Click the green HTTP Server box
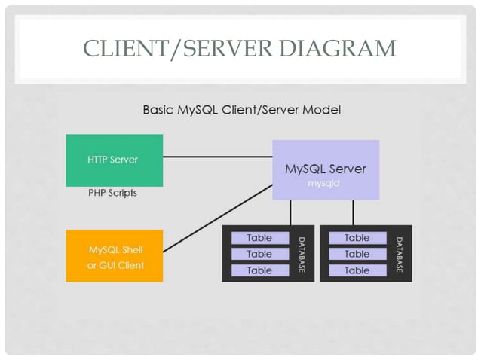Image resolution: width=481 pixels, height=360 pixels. click(114, 160)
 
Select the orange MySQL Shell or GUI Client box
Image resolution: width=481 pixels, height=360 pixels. click(114, 256)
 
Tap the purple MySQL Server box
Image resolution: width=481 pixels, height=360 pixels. click(325, 170)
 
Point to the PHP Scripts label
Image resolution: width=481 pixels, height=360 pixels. click(113, 193)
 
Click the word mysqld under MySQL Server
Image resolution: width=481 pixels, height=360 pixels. click(325, 183)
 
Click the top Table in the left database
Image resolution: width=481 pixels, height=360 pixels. click(259, 238)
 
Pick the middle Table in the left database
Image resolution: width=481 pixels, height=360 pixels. click(259, 254)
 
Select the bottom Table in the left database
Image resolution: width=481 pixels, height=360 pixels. click(259, 270)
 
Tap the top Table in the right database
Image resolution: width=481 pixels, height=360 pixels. click(357, 238)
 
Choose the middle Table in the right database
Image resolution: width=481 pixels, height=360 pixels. click(357, 254)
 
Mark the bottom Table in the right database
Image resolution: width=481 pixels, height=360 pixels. click(357, 270)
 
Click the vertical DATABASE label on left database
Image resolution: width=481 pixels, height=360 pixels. click(302, 254)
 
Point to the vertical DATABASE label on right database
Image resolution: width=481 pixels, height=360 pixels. click(400, 254)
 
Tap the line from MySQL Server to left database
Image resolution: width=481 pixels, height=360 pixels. click(291, 212)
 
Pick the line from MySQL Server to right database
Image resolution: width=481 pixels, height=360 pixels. click(352, 212)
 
